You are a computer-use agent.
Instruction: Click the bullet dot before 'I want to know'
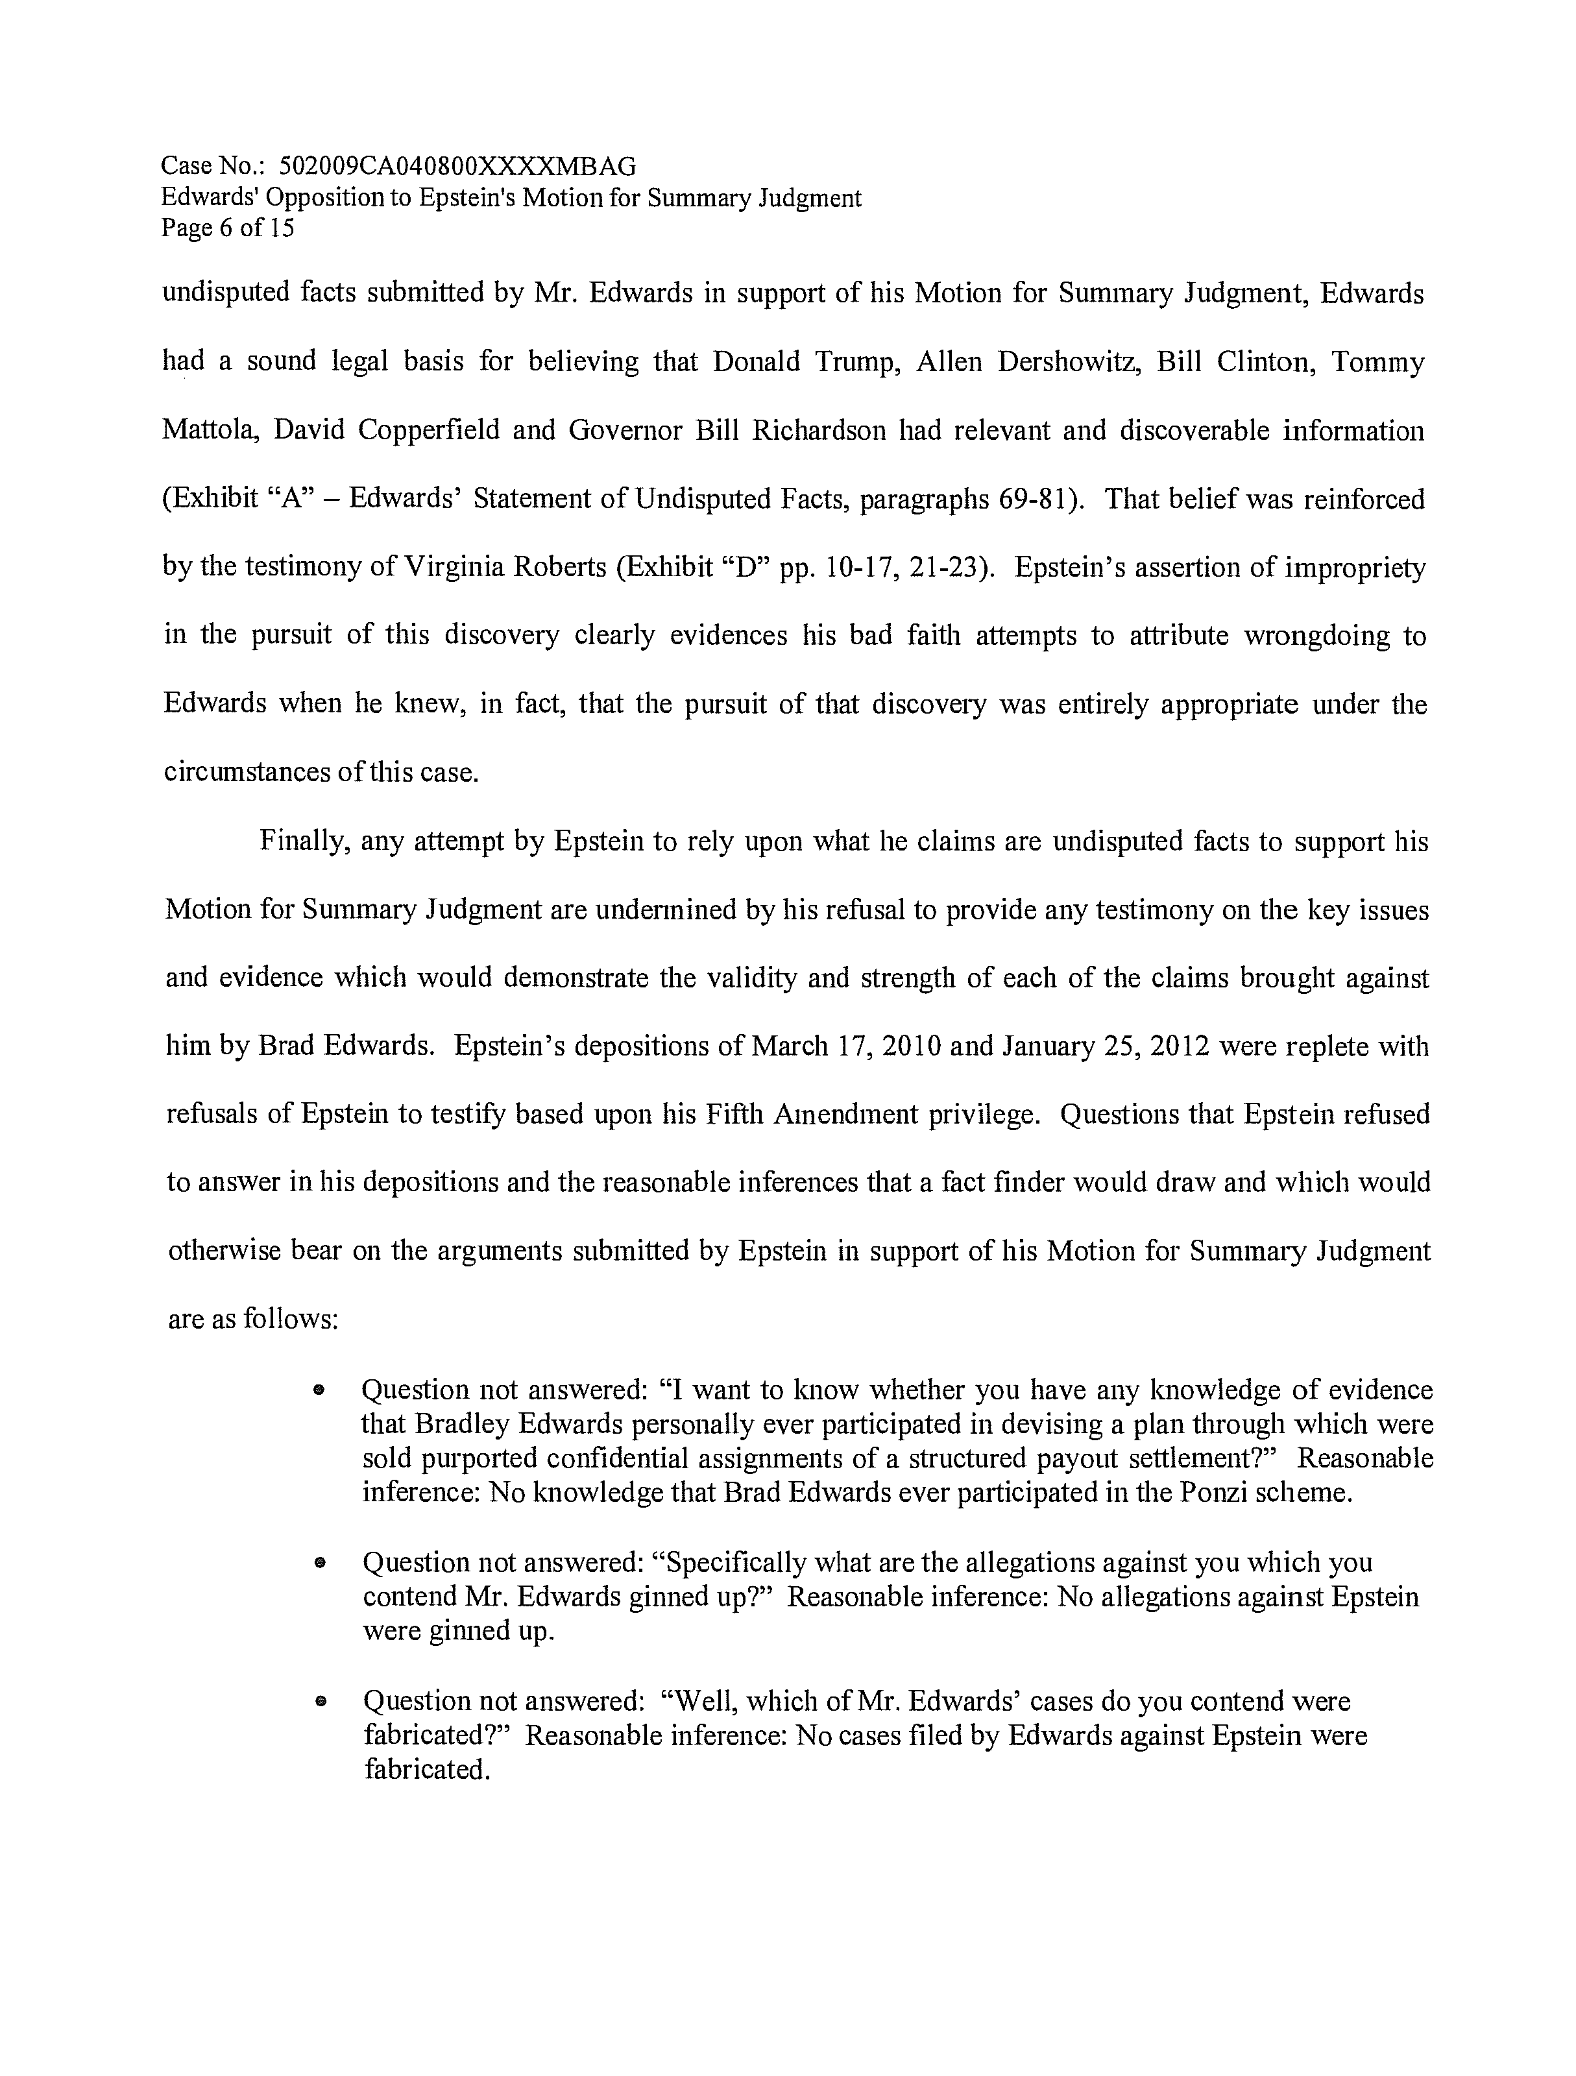[x=319, y=1391]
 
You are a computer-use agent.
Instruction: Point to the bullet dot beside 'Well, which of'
[x=319, y=1702]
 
